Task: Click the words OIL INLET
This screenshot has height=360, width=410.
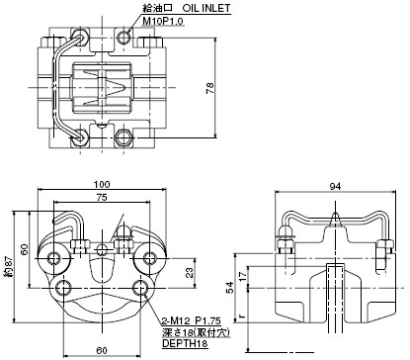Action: point(206,8)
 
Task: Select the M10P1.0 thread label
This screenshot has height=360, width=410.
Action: point(163,21)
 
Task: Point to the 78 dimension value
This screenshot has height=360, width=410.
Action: point(210,88)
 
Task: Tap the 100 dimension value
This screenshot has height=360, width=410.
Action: point(102,184)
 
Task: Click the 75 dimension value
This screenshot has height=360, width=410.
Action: point(102,198)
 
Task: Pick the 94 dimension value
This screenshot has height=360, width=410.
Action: point(335,187)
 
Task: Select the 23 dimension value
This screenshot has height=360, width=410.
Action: point(190,273)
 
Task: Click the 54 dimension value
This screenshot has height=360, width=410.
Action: point(231,287)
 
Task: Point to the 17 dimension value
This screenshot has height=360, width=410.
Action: point(242,275)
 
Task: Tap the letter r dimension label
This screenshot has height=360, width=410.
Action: point(242,316)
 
